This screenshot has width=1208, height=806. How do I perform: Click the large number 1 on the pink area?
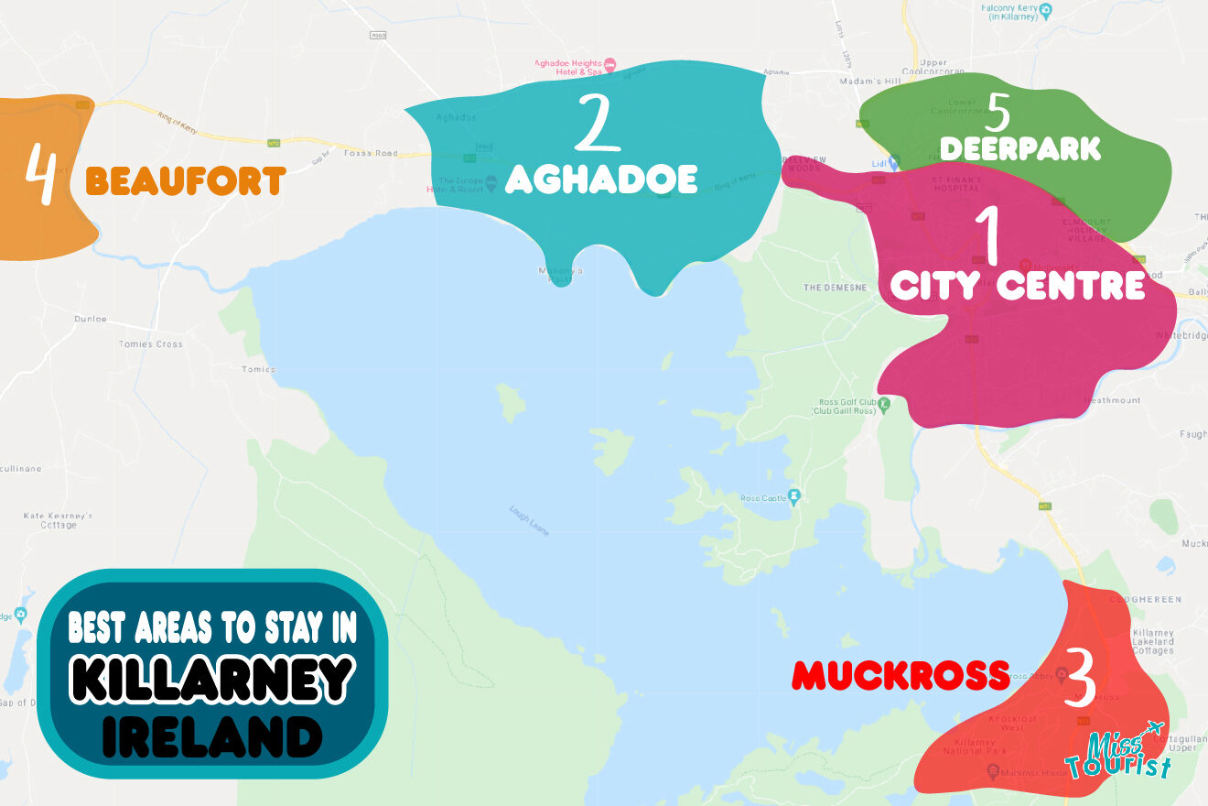pyautogui.click(x=987, y=236)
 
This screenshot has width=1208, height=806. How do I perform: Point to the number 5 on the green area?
pyautogui.click(x=998, y=113)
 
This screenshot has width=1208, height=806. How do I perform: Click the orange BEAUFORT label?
pyautogui.click(x=186, y=180)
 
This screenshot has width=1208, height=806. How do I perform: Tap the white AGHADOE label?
pyautogui.click(x=601, y=179)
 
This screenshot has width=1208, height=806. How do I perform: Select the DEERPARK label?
pyautogui.click(x=1020, y=148)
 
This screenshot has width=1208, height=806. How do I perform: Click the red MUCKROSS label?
pyautogui.click(x=901, y=676)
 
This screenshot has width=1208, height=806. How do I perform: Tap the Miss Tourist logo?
pyautogui.click(x=1119, y=753)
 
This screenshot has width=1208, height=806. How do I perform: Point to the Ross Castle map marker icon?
pyautogui.click(x=793, y=496)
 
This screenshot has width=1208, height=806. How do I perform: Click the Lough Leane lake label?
pyautogui.click(x=529, y=520)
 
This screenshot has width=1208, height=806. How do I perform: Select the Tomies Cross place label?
pyautogui.click(x=150, y=344)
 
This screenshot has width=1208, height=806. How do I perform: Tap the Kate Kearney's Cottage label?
pyautogui.click(x=58, y=520)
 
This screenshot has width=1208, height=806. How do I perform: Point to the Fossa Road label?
pyautogui.click(x=371, y=153)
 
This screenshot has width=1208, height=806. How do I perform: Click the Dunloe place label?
pyautogui.click(x=91, y=319)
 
